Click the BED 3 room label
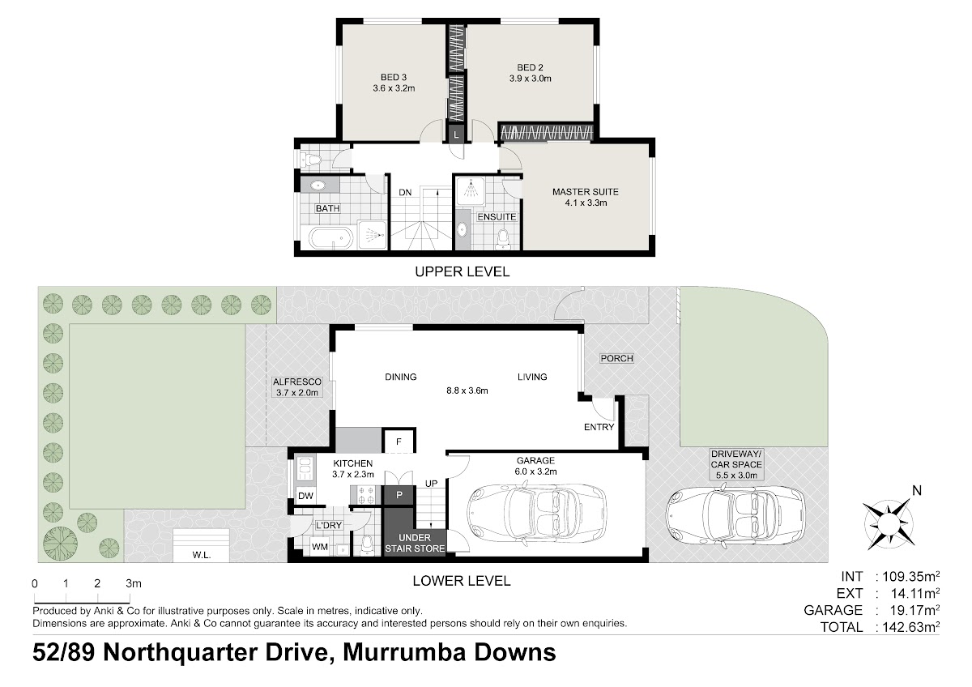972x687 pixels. pyautogui.click(x=394, y=77)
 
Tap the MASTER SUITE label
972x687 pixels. pyautogui.click(x=586, y=192)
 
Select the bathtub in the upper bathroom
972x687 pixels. pyautogui.click(x=330, y=238)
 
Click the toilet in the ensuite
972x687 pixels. pyautogui.click(x=503, y=239)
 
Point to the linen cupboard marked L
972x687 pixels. pyautogui.click(x=456, y=134)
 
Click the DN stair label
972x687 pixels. pyautogui.click(x=405, y=192)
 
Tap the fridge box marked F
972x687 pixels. pyautogui.click(x=399, y=442)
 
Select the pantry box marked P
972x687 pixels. pyautogui.click(x=399, y=496)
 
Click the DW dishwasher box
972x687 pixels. pyautogui.click(x=305, y=496)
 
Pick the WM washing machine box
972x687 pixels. pyautogui.click(x=320, y=547)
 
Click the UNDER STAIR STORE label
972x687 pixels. pyautogui.click(x=415, y=543)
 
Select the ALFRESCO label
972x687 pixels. pyautogui.click(x=297, y=382)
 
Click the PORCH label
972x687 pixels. pyautogui.click(x=616, y=358)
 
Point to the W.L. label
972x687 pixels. pyautogui.click(x=202, y=555)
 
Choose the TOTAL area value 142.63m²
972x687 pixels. pyautogui.click(x=910, y=627)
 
